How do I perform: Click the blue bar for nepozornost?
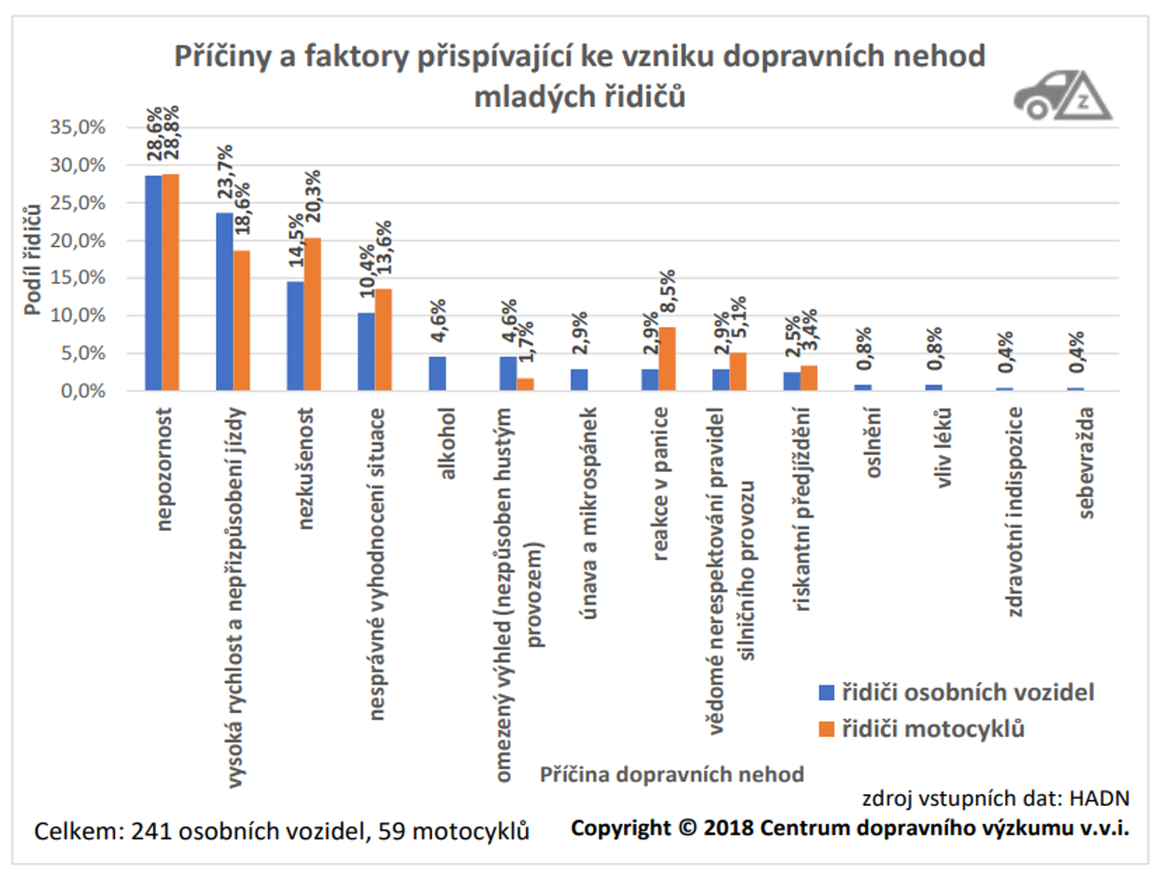(153, 283)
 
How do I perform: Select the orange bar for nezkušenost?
(313, 314)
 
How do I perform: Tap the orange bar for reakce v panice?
(667, 359)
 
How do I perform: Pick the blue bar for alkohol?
(437, 373)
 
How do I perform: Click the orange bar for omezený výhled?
(525, 384)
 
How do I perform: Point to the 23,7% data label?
(225, 172)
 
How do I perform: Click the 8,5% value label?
(668, 292)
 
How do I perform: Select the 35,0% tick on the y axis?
(78, 127)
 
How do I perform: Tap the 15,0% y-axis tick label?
(78, 278)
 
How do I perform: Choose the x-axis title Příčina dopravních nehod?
(672, 774)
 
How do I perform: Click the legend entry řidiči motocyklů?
(933, 729)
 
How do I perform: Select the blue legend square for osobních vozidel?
(826, 693)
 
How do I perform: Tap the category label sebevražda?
(1086, 463)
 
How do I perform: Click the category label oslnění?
(873, 443)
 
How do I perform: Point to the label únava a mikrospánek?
(589, 513)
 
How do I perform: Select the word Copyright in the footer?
(620, 828)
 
